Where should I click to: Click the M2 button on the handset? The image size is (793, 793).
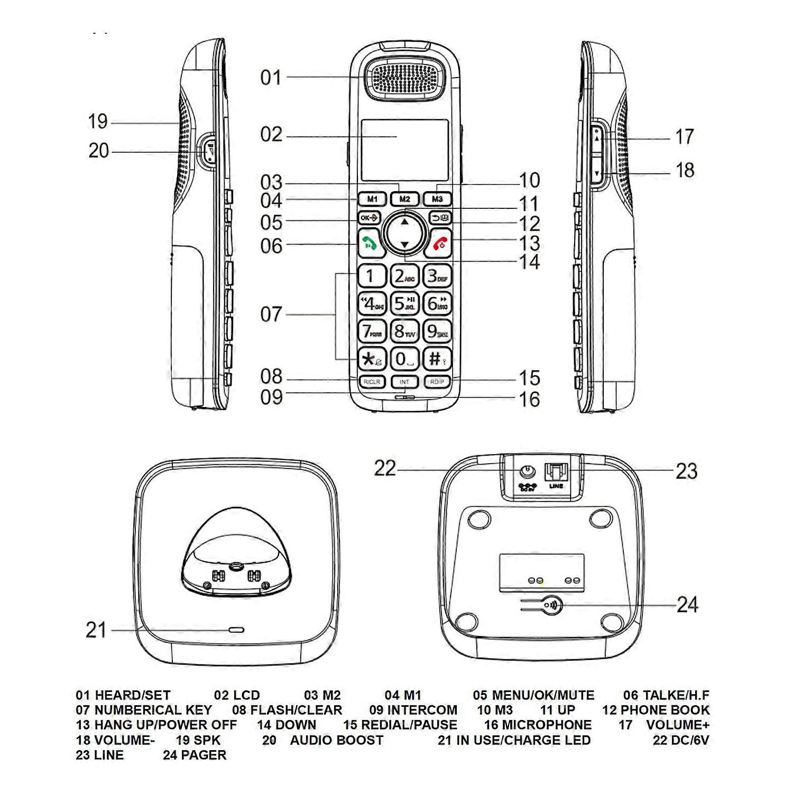404,199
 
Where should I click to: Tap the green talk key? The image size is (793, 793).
370,243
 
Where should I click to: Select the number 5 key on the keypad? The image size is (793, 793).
404,303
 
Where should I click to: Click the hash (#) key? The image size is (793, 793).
437,358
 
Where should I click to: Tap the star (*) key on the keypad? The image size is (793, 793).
372,359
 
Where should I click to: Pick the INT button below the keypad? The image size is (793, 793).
404,382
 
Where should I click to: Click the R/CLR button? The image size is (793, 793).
372,382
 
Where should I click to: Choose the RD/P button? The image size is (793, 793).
437,382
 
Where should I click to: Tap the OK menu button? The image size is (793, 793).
370,218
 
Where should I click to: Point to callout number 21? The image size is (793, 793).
96,630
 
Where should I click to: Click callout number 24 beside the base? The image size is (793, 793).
687,604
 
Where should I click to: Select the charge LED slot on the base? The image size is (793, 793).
236,630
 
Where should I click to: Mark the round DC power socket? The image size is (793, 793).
527,471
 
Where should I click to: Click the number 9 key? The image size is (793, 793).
437,331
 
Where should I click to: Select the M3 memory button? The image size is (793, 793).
437,199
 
